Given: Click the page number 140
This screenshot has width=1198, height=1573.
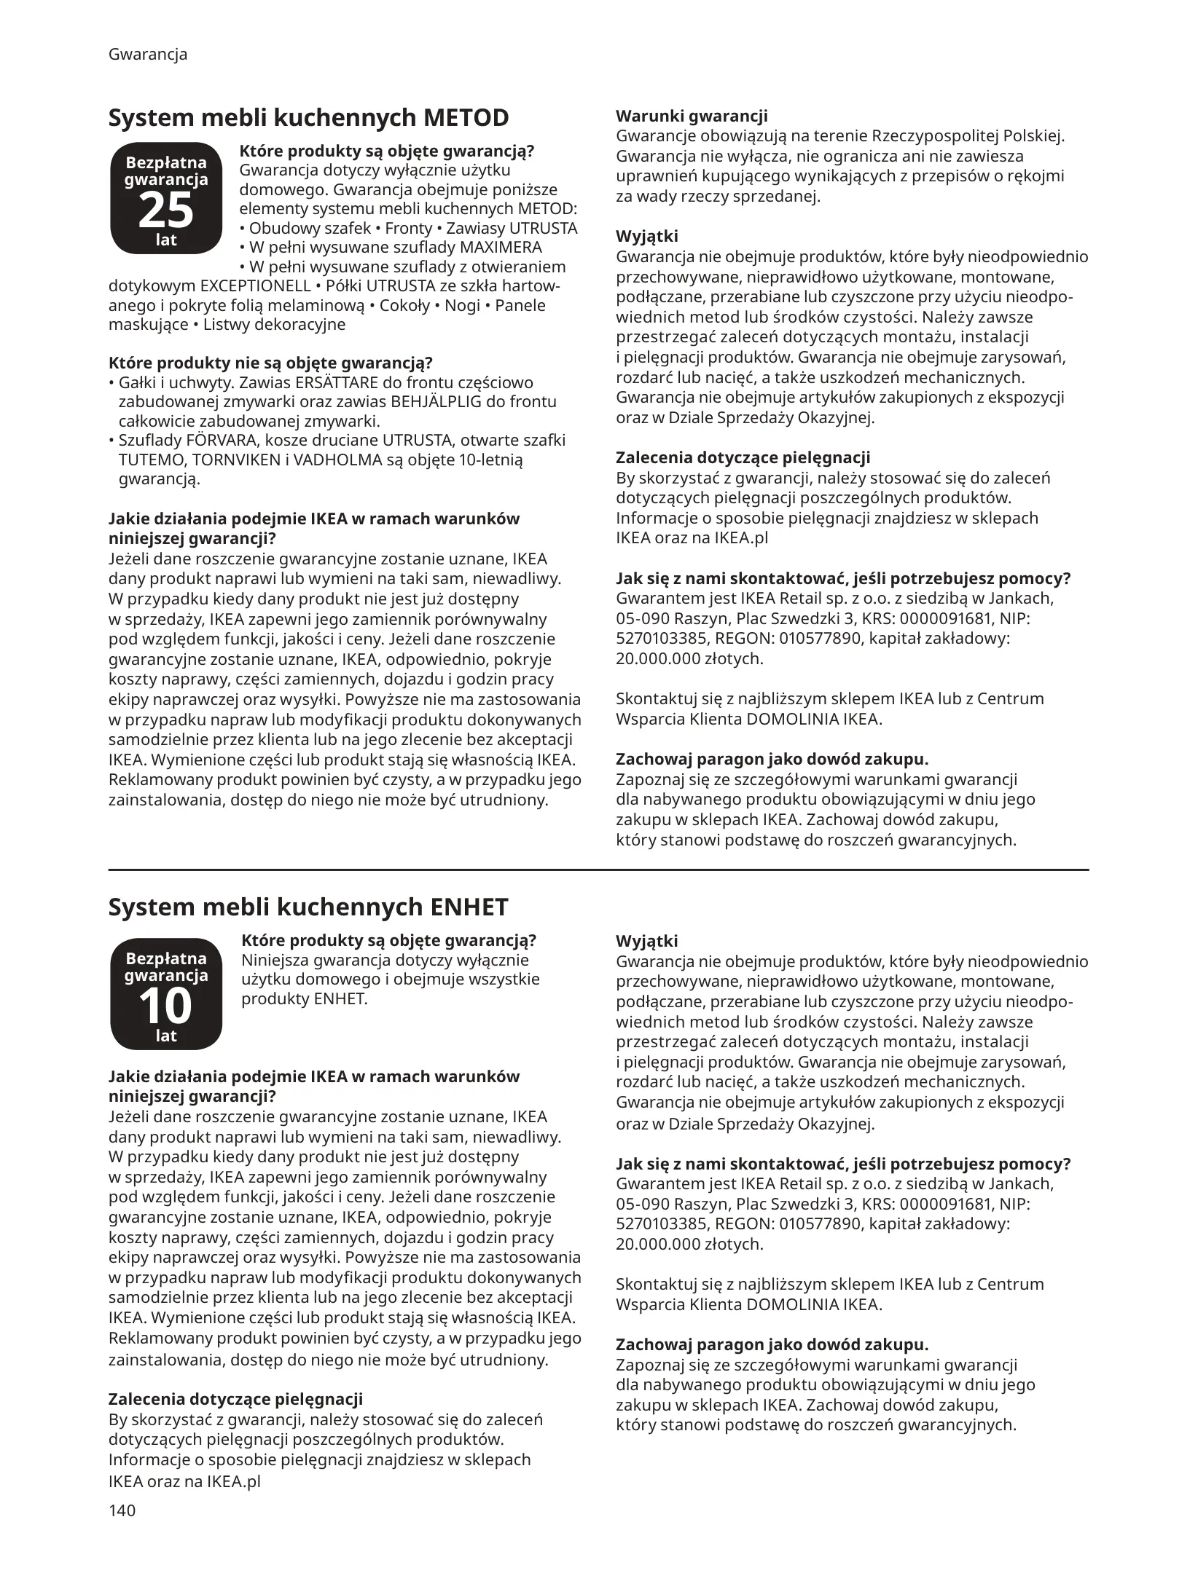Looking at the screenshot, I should tap(122, 1510).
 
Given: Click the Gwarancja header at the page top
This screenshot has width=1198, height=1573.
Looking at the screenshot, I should tap(148, 55).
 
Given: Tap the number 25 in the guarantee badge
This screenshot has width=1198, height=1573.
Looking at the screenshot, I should tap(165, 210).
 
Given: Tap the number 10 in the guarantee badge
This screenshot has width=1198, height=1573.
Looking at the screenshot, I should tap(165, 1006).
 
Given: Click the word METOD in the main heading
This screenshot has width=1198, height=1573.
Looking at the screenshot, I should tap(466, 118).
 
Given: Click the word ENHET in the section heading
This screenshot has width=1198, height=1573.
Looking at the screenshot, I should tap(469, 907).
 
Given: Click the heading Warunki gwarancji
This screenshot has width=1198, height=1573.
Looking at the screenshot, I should tap(692, 117).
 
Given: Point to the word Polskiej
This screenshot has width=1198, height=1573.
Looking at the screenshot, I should tap(1034, 136).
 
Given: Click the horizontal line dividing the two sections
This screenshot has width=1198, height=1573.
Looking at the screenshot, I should tap(598, 870).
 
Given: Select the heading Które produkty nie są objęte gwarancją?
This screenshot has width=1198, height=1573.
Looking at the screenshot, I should tap(270, 363).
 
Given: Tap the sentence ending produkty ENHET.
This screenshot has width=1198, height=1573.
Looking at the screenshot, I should tap(305, 998).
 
